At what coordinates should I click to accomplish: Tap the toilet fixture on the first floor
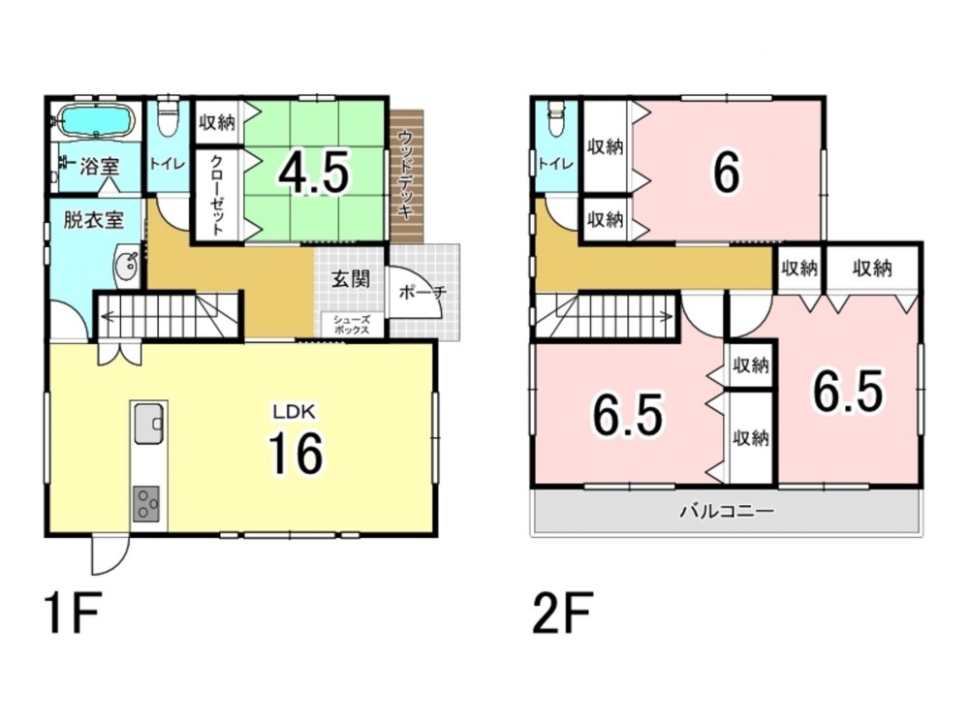(168, 117)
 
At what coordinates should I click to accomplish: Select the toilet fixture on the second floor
(557, 117)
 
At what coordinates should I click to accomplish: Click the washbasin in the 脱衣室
(127, 266)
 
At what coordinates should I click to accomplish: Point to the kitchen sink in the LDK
(148, 423)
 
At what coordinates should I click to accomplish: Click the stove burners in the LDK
(146, 502)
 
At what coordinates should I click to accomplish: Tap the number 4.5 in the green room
(314, 171)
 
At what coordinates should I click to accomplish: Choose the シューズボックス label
(352, 325)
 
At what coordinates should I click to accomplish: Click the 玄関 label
(351, 279)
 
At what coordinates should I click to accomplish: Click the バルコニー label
(728, 512)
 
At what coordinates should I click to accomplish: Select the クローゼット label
(217, 194)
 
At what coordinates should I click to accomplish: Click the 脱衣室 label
(93, 220)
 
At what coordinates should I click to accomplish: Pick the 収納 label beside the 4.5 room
(217, 122)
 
